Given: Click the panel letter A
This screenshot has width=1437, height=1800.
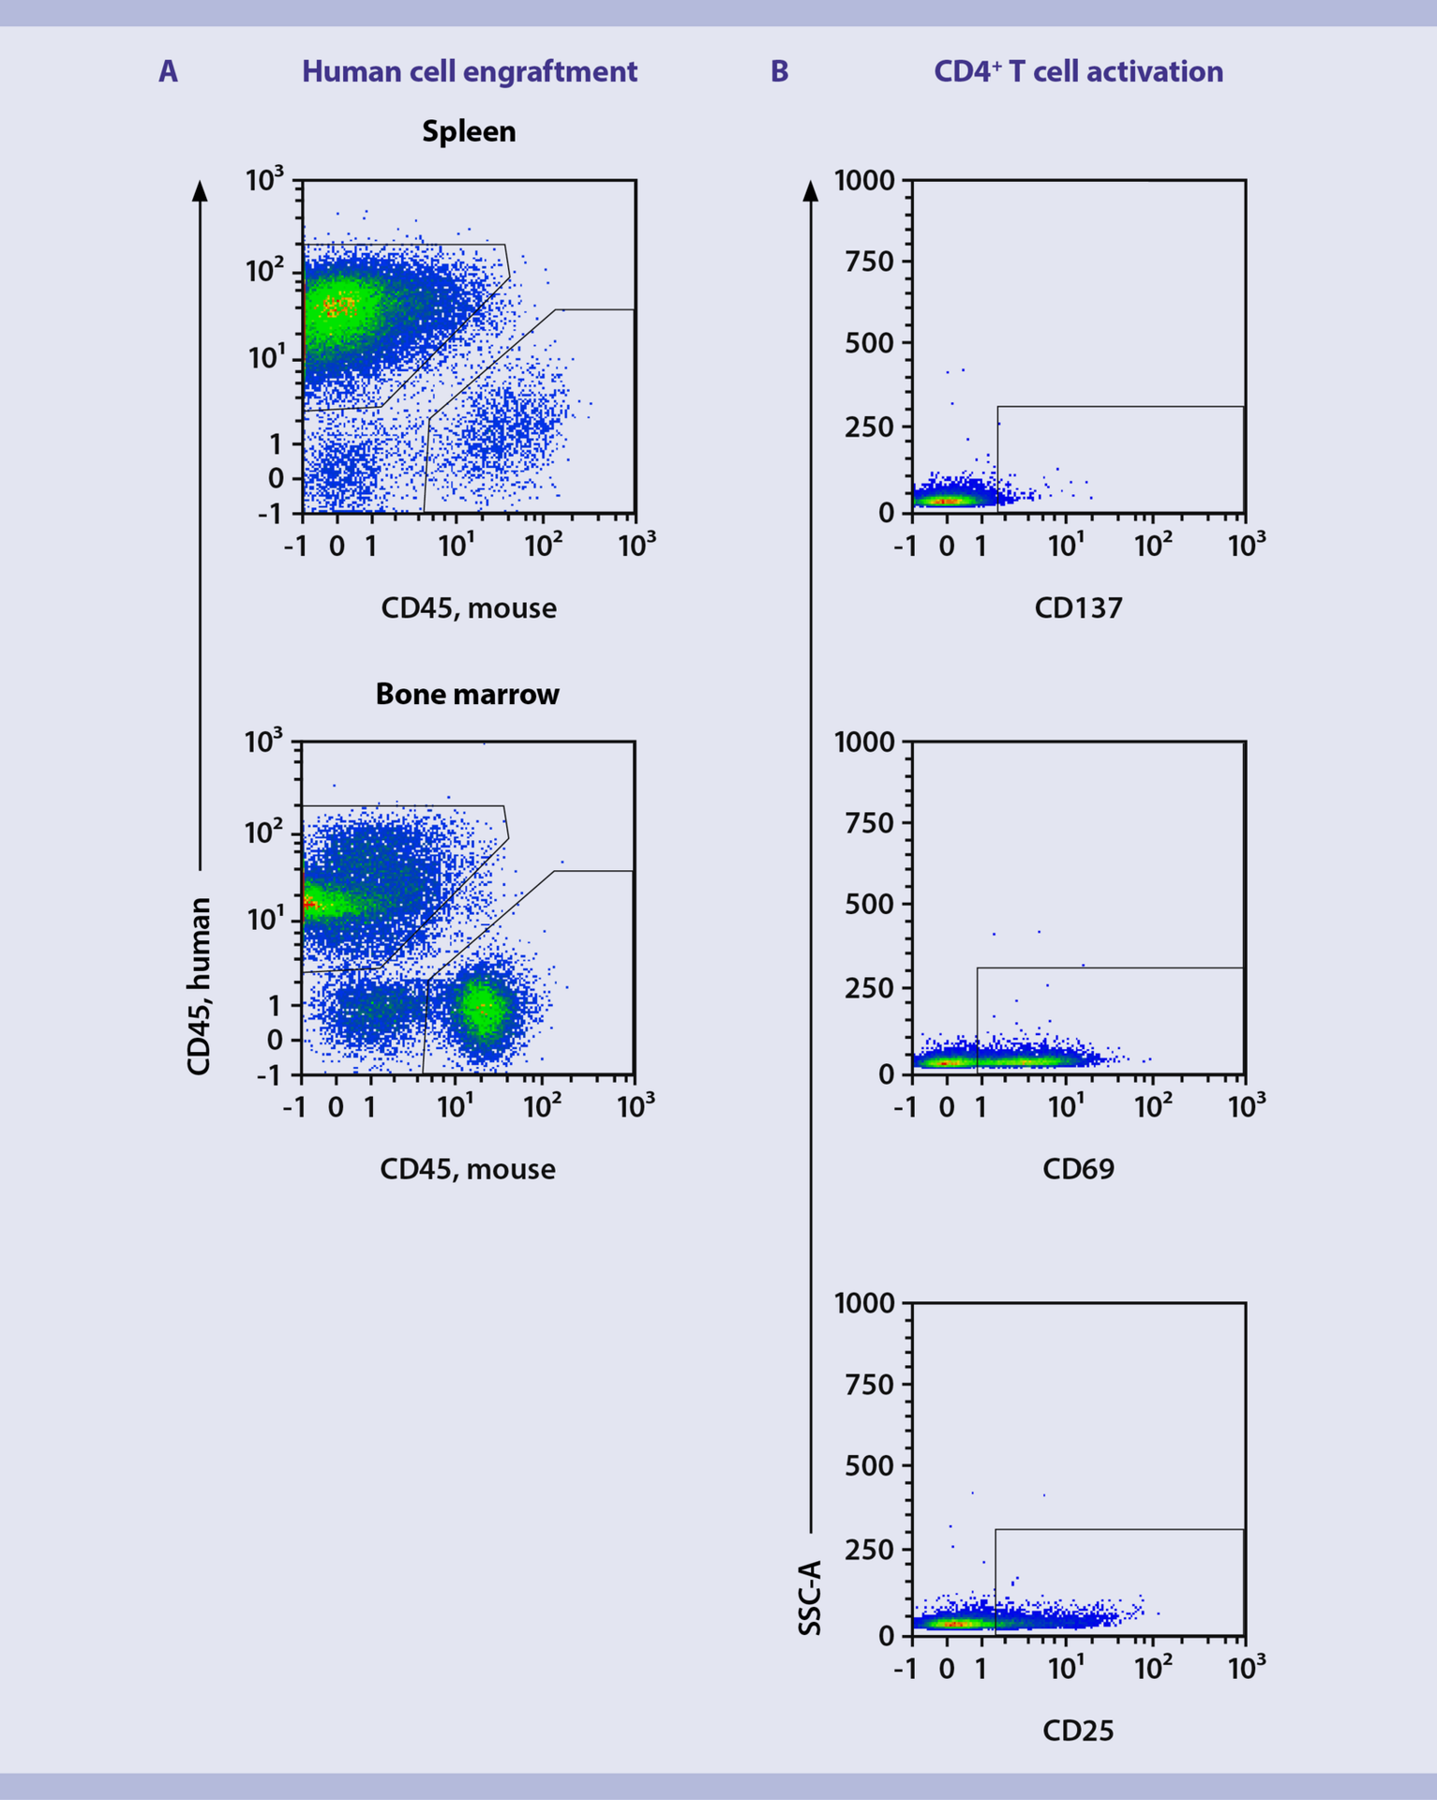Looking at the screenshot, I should point(168,72).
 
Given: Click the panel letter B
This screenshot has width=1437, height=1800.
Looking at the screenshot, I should point(779,72).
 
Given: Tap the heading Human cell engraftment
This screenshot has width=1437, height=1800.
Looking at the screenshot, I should point(469,72).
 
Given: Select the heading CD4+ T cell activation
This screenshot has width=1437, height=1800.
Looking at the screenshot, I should point(1078,72).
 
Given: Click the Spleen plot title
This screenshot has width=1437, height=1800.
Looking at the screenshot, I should point(469,131).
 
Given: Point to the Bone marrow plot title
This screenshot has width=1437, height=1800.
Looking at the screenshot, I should point(467,695).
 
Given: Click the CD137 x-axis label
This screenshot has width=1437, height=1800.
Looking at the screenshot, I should point(1078,608).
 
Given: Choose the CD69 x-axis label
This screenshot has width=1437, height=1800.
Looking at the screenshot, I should point(1078,1169).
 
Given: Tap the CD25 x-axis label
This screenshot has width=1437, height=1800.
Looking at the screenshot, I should point(1078,1731).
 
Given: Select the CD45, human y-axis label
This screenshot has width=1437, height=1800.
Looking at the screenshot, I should point(199,986).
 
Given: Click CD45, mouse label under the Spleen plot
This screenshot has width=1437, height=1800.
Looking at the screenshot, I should point(469,608).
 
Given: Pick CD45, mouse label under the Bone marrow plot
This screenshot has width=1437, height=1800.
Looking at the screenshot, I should point(467,1169).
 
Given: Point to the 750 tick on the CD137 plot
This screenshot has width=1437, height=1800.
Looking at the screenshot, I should point(869,262).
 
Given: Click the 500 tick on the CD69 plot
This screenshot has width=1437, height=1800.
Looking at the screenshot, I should point(869,905).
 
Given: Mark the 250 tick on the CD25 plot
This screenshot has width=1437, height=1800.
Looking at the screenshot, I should point(869,1550).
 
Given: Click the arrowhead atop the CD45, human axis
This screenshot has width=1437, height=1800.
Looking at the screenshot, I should point(200,190).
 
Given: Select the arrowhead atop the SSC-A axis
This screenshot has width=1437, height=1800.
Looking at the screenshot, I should point(811,190).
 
